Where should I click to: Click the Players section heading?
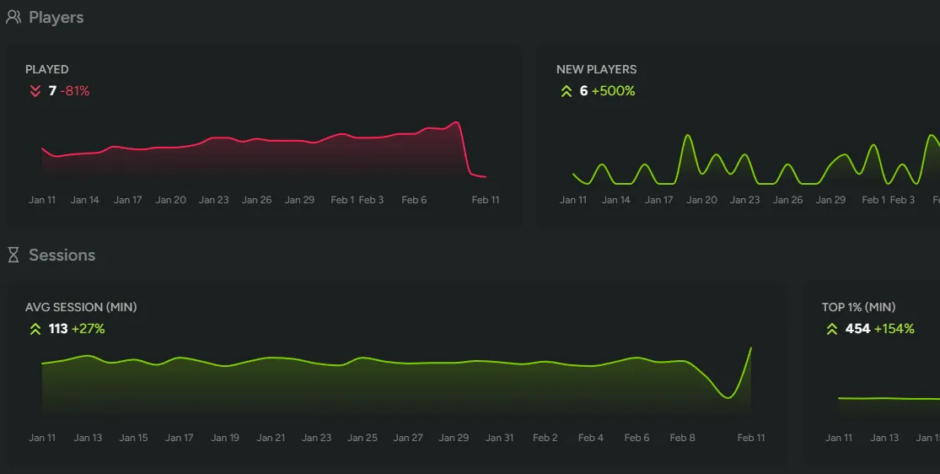(x=56, y=17)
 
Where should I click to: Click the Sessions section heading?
(x=62, y=255)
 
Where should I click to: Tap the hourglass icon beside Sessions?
(x=13, y=255)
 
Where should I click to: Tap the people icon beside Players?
(x=13, y=17)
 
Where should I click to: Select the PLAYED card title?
(x=47, y=69)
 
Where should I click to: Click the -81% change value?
(x=75, y=91)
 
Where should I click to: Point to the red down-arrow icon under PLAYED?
(x=35, y=91)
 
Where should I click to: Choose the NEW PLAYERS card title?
(x=596, y=69)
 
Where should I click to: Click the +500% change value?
(x=613, y=91)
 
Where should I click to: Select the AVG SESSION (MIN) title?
(x=81, y=307)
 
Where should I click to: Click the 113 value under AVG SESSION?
(x=58, y=329)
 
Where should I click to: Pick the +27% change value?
(x=89, y=329)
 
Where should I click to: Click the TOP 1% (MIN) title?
(x=858, y=307)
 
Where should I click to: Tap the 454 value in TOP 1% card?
(x=857, y=329)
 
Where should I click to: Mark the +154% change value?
(x=894, y=329)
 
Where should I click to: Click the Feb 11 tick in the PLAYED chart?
(x=486, y=200)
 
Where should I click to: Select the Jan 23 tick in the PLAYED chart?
(x=213, y=200)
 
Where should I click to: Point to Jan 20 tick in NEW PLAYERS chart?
(x=701, y=200)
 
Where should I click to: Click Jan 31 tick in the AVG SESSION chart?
(x=499, y=438)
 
